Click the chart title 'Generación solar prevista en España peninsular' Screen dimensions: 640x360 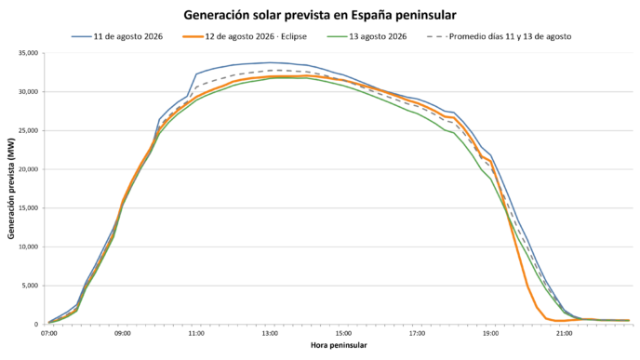(x=320, y=15)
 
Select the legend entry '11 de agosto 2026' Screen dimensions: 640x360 (x=117, y=36)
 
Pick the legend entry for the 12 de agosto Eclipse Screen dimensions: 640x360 (x=245, y=36)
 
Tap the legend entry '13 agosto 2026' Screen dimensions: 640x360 (x=367, y=36)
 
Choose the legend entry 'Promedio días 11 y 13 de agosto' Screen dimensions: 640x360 (x=499, y=36)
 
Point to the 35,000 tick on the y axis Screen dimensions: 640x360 (x=28, y=53)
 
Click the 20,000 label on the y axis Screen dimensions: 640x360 (x=28, y=169)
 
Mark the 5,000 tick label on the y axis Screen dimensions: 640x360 (x=30, y=286)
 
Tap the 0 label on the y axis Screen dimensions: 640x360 (x=36, y=325)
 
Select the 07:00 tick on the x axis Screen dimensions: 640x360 (x=48, y=333)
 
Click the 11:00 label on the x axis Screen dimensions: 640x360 (x=196, y=333)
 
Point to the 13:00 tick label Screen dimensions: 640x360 (x=270, y=333)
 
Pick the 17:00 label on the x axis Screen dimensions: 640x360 (x=417, y=333)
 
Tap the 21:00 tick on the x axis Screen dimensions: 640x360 (x=565, y=333)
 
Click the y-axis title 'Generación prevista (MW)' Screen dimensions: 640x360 (x=11, y=188)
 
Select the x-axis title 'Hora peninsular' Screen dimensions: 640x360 (x=339, y=345)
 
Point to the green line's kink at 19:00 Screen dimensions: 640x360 (x=491, y=180)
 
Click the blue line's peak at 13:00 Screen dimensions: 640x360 (x=270, y=62)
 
